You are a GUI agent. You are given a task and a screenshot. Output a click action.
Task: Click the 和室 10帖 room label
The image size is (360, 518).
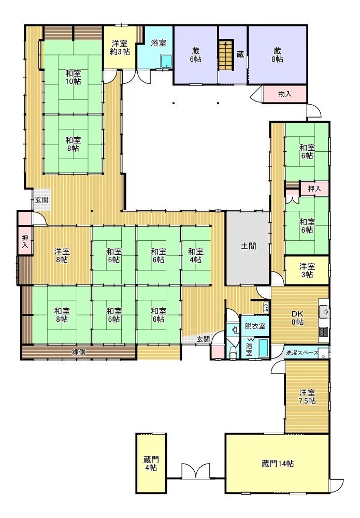[73, 77]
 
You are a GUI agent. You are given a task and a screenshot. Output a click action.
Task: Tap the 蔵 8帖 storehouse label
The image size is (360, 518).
[278, 55]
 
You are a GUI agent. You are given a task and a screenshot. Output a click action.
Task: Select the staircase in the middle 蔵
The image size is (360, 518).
[226, 55]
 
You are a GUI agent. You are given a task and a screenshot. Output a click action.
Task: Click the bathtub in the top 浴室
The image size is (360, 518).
[166, 61]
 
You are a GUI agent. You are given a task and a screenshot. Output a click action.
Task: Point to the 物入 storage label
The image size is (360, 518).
[285, 94]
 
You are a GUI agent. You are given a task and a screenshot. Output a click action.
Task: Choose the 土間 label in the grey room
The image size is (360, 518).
[248, 246]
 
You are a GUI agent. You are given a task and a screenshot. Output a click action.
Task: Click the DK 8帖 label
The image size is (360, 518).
[297, 318]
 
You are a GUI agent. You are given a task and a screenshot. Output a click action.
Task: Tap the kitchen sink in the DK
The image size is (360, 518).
[323, 311]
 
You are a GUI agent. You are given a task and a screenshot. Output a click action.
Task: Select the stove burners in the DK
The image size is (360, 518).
[323, 330]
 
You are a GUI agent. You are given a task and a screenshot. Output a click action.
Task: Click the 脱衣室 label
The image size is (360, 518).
[255, 326]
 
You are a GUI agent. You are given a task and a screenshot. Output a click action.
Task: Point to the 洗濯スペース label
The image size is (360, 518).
[302, 352]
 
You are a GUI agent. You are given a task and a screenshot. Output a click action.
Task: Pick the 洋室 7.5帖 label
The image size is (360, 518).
[307, 397]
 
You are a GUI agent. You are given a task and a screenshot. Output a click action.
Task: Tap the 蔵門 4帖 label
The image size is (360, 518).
[151, 464]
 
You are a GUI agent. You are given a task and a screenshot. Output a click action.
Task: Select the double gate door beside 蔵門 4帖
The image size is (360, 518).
[196, 471]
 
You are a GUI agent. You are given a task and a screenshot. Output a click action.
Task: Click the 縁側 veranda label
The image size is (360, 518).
[79, 352]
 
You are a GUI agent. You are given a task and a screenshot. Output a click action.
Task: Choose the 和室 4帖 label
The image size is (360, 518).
[196, 256]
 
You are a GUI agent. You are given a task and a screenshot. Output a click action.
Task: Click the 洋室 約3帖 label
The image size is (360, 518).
[120, 48]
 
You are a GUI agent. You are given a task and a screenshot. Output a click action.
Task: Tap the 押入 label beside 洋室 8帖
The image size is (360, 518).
[25, 241]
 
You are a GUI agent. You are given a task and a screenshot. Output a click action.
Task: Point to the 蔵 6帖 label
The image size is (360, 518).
[196, 55]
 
